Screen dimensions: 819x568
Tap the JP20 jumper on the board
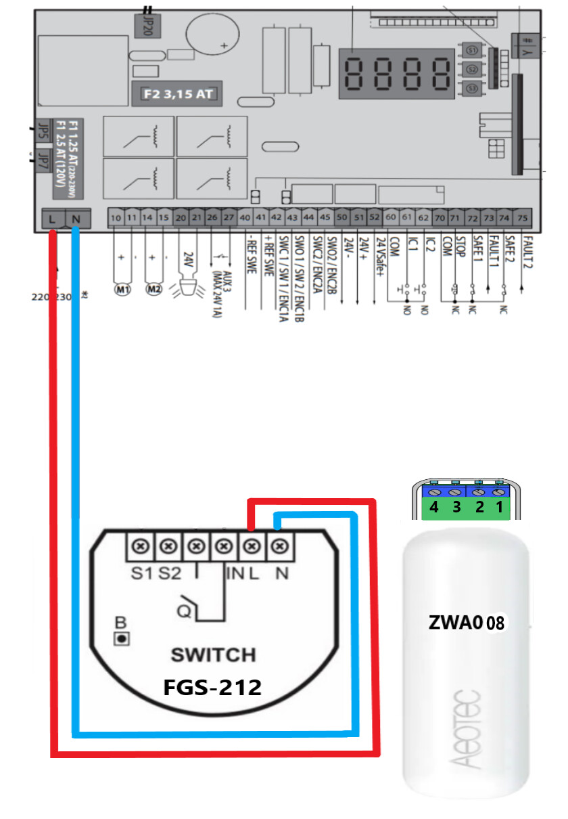pos(144,27)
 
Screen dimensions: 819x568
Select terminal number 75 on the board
pos(522,218)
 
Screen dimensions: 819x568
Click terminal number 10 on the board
pos(116,218)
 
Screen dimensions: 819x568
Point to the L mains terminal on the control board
pos(52,218)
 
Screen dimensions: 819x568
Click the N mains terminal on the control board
pos(76,218)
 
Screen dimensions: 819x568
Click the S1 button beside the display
pos(472,50)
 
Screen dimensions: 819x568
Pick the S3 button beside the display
pos(472,88)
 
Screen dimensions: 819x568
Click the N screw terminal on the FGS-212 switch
pos(280,545)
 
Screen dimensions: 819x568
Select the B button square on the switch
pos(121,638)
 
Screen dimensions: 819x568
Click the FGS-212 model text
pos(212,688)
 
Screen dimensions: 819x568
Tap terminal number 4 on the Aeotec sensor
pos(434,508)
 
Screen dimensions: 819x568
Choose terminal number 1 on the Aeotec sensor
pos(500,508)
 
